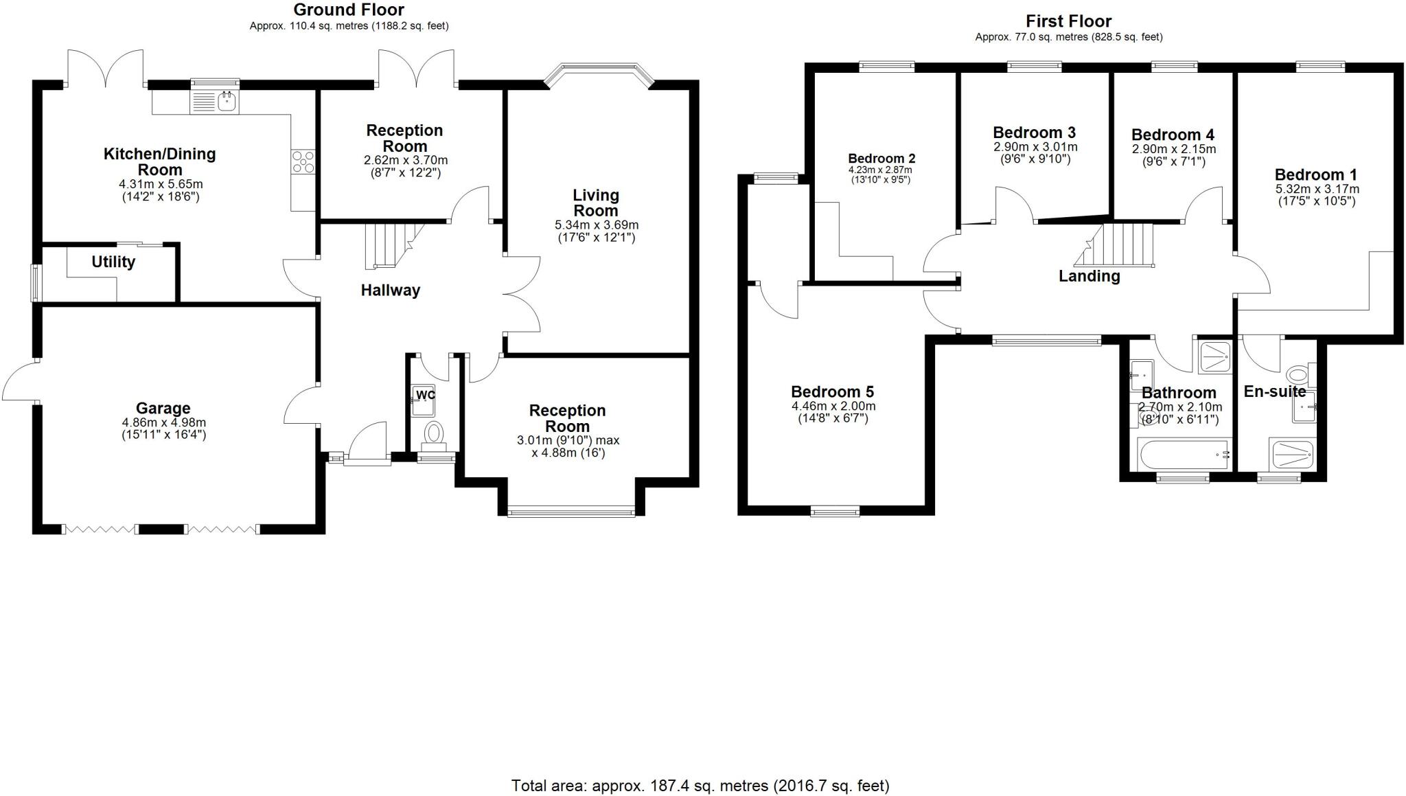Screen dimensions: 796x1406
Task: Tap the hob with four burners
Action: pyautogui.click(x=303, y=162)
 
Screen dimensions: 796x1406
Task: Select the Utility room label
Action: pyautogui.click(x=113, y=262)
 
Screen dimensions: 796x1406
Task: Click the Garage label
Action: pyautogui.click(x=163, y=408)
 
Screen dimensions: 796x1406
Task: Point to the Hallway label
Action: pyautogui.click(x=390, y=291)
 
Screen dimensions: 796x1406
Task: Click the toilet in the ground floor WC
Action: pyautogui.click(x=433, y=433)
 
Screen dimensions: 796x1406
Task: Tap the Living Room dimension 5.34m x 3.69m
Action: pyautogui.click(x=596, y=225)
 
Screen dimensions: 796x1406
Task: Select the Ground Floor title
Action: pyautogui.click(x=349, y=10)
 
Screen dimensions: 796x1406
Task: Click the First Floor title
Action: pyautogui.click(x=1068, y=21)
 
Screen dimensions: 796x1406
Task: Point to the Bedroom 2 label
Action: pyautogui.click(x=881, y=159)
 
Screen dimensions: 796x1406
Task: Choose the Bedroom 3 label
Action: pyautogui.click(x=1034, y=133)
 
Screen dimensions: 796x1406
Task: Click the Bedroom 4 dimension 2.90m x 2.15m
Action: pyautogui.click(x=1173, y=149)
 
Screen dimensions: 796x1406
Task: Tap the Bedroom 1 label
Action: pyautogui.click(x=1316, y=174)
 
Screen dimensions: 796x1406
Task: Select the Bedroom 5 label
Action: pyautogui.click(x=832, y=391)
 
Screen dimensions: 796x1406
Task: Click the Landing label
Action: pyautogui.click(x=1089, y=276)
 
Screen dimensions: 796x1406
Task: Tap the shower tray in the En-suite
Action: pyautogui.click(x=1293, y=454)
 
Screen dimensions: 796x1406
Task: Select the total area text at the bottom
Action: pyautogui.click(x=700, y=785)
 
